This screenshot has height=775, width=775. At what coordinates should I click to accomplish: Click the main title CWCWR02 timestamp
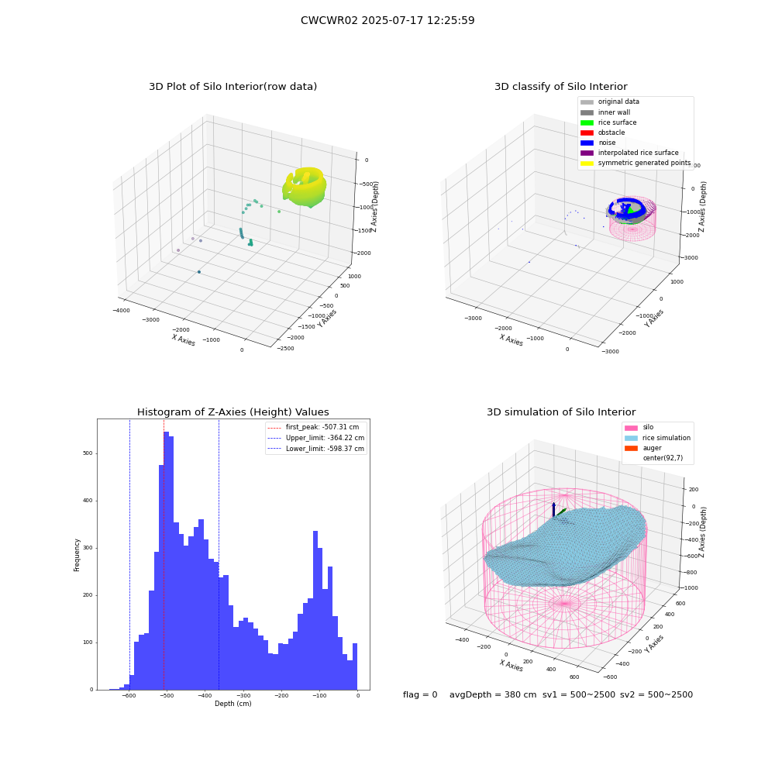(387, 20)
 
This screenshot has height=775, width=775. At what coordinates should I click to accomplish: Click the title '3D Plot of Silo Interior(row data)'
(232, 87)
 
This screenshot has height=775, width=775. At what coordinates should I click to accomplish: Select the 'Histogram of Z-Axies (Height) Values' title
(232, 412)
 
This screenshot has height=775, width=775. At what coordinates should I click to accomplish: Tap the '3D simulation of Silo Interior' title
(561, 412)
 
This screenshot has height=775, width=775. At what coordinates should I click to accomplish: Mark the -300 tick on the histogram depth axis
(243, 695)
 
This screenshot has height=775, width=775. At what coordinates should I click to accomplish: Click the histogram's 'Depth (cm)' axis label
(232, 704)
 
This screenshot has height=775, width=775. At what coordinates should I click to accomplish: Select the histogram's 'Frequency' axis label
(77, 555)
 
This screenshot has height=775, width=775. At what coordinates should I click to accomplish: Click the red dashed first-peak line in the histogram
(164, 554)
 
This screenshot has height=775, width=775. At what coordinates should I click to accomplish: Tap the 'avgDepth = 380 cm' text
(493, 694)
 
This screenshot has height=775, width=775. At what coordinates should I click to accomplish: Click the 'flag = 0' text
(420, 694)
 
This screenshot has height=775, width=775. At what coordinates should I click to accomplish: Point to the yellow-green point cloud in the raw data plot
(305, 187)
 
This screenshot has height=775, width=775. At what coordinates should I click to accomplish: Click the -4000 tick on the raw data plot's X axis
(122, 311)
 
